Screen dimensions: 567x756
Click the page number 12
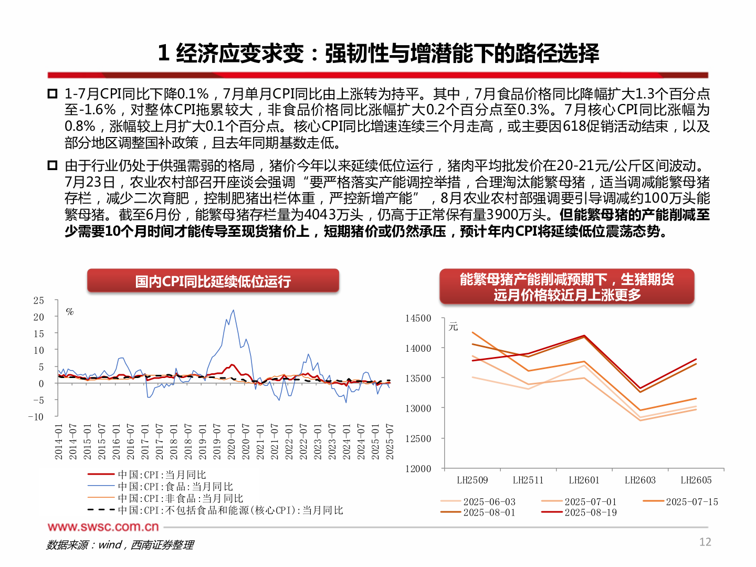pos(705,542)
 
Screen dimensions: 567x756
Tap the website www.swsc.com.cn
pos(103,527)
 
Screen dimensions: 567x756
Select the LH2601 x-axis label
pos(584,480)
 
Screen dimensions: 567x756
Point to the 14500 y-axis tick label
pos(418,318)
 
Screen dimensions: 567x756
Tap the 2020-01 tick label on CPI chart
pos(232,442)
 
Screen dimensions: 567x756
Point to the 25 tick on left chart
pos(39,301)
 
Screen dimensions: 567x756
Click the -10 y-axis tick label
pos(36,417)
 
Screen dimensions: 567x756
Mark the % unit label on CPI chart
pos(70,312)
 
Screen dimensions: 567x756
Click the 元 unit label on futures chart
pos(454,327)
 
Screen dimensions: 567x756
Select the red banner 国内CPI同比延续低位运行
pos(213,281)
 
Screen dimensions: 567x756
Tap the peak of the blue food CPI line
pos(234,310)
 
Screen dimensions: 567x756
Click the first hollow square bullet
pos(52,94)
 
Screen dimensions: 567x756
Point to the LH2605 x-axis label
pos(696,480)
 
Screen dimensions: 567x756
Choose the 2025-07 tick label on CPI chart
pos(390,442)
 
